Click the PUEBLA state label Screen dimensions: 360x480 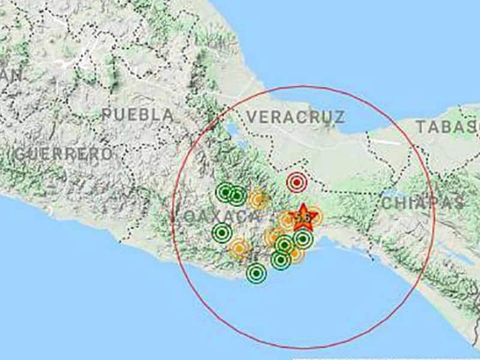pyautogui.click(x=138, y=115)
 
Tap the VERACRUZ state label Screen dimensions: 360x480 pyautogui.click(x=296, y=116)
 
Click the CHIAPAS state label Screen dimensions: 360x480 pyautogui.click(x=424, y=202)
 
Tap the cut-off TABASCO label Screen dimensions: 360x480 pyautogui.click(x=448, y=127)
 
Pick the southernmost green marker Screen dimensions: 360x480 pyautogui.click(x=256, y=274)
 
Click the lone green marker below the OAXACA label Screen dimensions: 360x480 pyautogui.click(x=222, y=232)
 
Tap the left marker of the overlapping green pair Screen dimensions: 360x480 pyautogui.click(x=226, y=192)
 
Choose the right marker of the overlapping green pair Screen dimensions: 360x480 pyautogui.click(x=237, y=195)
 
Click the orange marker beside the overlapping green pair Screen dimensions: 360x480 pyautogui.click(x=258, y=199)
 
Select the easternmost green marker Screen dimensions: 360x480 pyautogui.click(x=303, y=239)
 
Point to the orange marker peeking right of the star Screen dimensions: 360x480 pyautogui.click(x=314, y=217)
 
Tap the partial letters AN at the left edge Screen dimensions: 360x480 pyautogui.click(x=12, y=75)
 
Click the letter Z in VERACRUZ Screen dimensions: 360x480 pyautogui.click(x=339, y=116)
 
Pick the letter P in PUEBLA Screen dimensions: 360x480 pyautogui.click(x=107, y=115)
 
